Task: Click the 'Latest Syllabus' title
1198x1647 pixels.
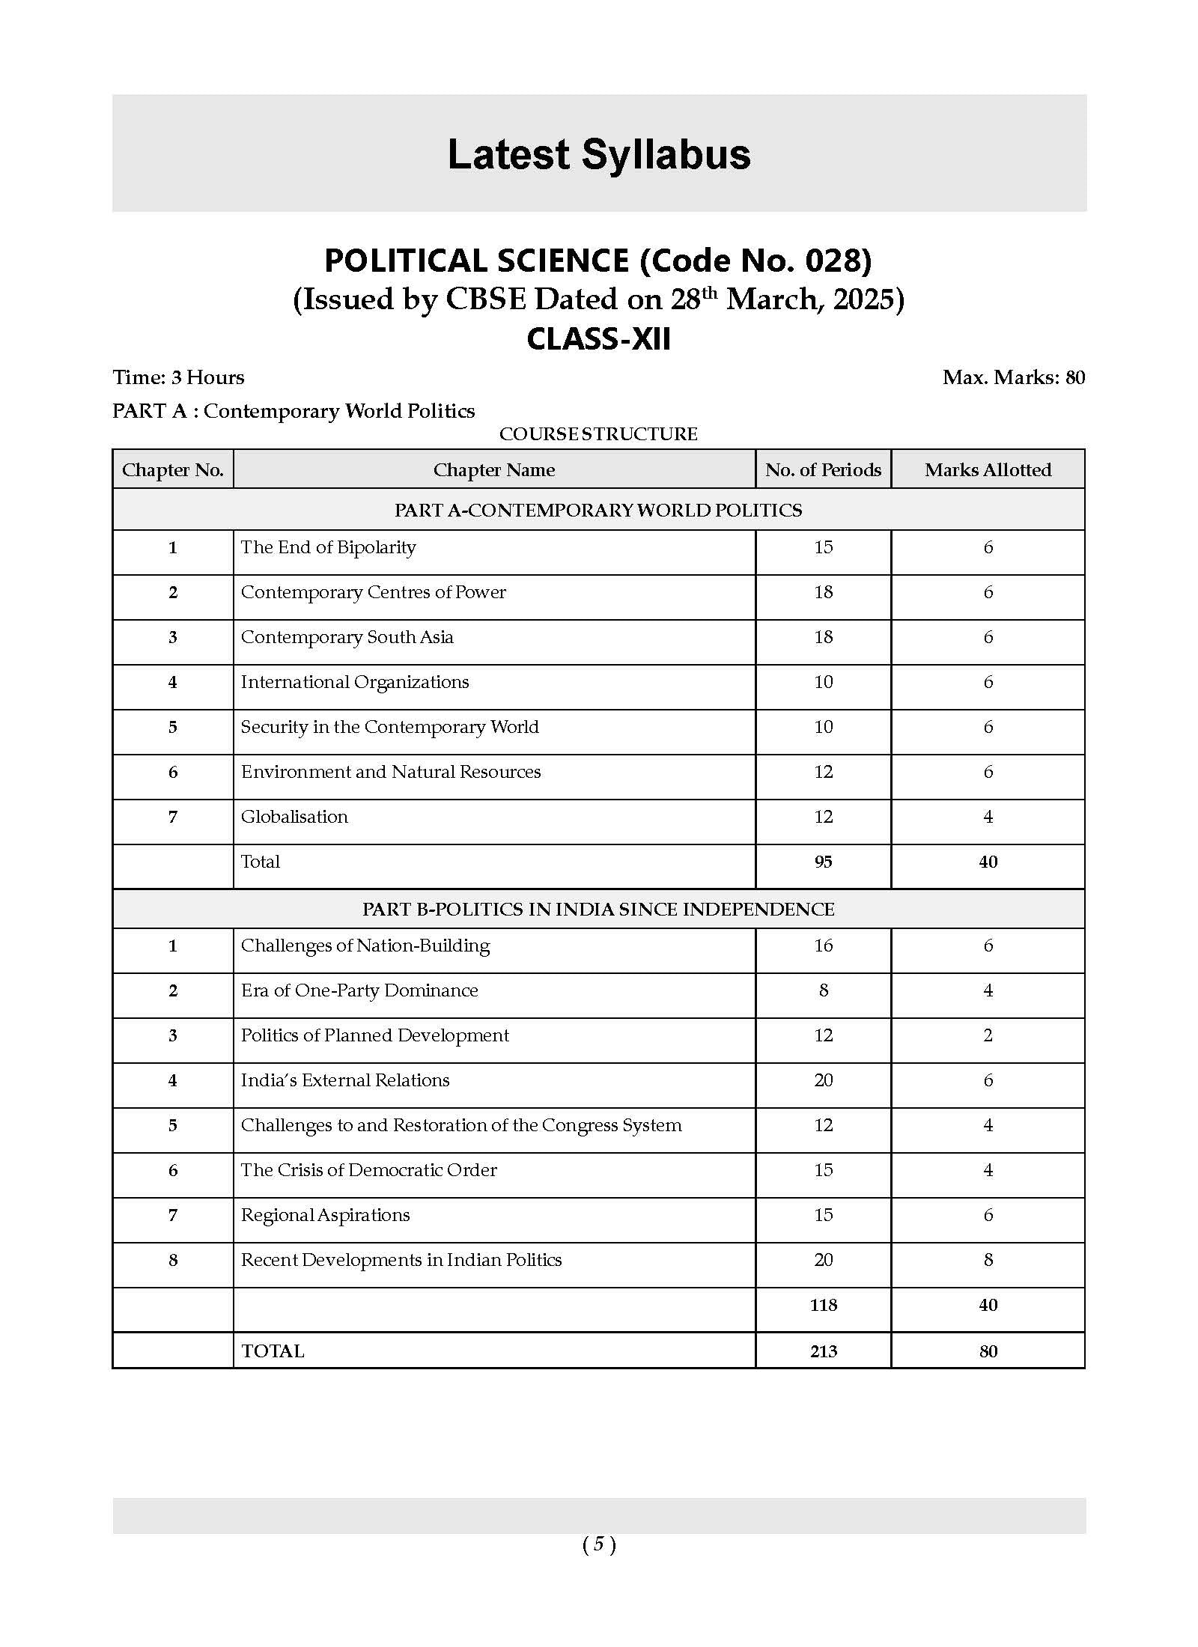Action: (598, 155)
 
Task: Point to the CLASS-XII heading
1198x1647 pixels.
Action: (598, 339)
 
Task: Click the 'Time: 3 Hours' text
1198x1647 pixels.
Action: (178, 377)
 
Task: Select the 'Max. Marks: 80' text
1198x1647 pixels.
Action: (1013, 377)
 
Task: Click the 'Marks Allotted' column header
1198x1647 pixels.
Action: (988, 470)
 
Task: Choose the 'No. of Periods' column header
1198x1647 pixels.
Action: (823, 470)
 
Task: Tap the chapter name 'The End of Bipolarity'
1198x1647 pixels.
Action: (328, 547)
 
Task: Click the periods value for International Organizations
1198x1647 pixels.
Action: (823, 682)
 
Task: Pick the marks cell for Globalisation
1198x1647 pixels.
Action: (988, 817)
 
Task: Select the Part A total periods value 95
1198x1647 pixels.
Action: (823, 862)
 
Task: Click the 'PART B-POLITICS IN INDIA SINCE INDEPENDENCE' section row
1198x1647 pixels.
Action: (598, 909)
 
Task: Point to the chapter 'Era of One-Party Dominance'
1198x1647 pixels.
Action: (359, 990)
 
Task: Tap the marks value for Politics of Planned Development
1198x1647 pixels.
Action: (988, 1035)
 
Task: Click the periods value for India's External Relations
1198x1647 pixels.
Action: (823, 1080)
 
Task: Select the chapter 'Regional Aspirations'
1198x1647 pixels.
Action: (325, 1215)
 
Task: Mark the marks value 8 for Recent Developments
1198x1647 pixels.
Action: (988, 1260)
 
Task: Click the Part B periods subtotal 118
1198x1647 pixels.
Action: (823, 1305)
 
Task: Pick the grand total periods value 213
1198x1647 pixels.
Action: (823, 1351)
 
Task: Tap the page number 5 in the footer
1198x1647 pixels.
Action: (599, 1544)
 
